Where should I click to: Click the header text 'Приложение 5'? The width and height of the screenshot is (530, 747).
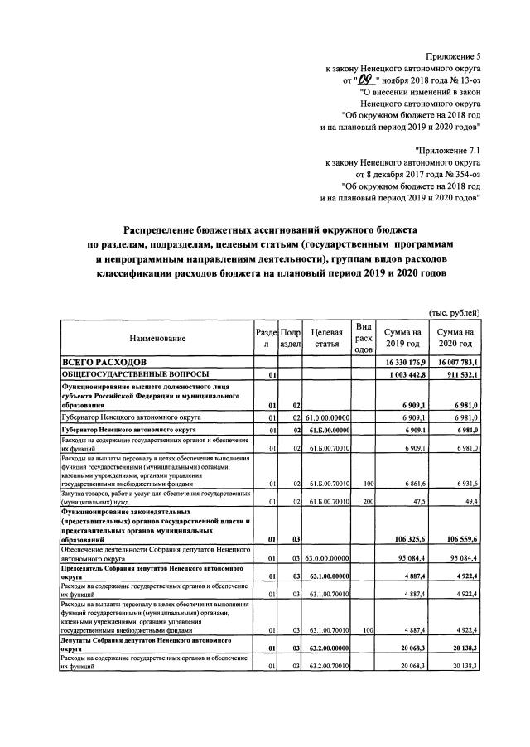pyautogui.click(x=452, y=55)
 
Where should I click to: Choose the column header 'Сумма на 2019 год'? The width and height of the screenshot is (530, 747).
pyautogui.click(x=406, y=338)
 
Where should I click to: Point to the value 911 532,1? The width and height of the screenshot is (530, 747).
pyautogui.click(x=461, y=375)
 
